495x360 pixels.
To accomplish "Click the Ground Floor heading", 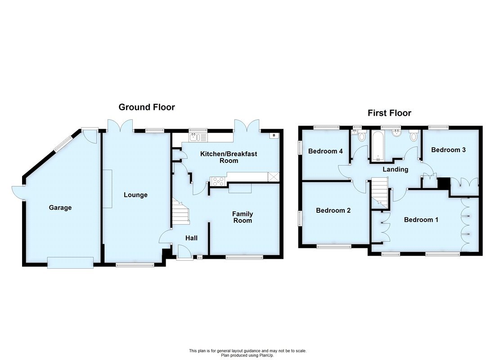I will (147, 107).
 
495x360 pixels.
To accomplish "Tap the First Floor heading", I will (389, 113).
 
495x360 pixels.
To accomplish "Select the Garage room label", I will (60, 207).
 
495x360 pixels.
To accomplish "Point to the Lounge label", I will (135, 195).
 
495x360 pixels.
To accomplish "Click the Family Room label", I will (243, 217).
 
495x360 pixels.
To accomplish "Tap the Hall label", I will (191, 238).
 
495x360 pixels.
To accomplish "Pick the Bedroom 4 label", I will (325, 151).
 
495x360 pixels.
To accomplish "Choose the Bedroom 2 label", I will (333, 210).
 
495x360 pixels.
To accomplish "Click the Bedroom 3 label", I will (448, 150).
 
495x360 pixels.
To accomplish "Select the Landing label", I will (395, 169).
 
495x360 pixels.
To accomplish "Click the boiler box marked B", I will (273, 135).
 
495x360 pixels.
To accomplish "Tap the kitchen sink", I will (198, 136).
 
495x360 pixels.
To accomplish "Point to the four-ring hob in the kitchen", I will (218, 181).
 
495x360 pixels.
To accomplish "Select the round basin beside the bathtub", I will (397, 133).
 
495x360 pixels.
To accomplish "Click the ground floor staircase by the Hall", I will (180, 213).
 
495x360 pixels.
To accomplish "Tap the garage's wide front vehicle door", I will (71, 262).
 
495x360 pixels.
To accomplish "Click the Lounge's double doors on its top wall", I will (120, 125).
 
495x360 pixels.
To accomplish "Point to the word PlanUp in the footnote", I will (265, 355).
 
